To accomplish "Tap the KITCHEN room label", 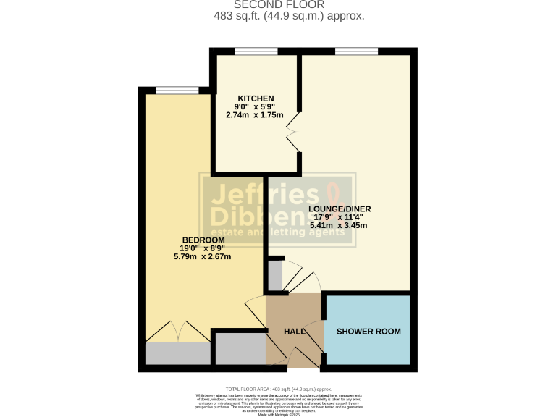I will point(256,98).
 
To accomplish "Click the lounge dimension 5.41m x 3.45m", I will point(339,225).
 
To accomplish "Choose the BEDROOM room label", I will point(203,240).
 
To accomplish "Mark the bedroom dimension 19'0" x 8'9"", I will point(203,248).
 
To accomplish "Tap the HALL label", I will point(294,331).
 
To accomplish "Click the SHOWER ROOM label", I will point(368,332).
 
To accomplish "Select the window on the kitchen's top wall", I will point(256,51).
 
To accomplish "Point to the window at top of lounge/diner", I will point(356,51).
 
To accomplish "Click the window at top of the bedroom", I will point(177,90).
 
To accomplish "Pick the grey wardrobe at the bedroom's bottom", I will point(177,353).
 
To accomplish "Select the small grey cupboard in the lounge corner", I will point(275,275).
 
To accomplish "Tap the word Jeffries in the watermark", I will point(264,196).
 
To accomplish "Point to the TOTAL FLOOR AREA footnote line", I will point(278,389).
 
